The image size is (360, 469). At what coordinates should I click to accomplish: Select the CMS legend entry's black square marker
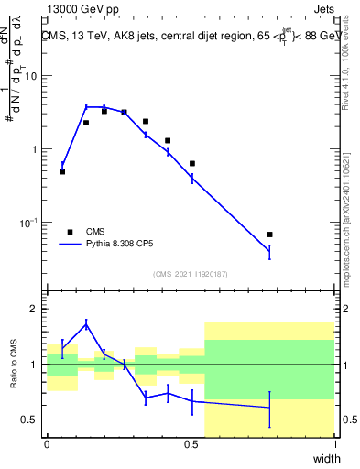pos(70,232)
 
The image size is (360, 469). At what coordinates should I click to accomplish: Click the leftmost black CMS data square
pos(62,171)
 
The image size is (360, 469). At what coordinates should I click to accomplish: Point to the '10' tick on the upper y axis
pos(34,76)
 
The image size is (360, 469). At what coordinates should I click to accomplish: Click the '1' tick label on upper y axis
pos(37,149)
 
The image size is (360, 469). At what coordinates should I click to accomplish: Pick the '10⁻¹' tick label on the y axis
pos(32,223)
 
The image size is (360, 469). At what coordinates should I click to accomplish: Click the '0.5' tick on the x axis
pos(191,445)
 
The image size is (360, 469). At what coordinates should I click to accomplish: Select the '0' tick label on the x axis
pos(48,445)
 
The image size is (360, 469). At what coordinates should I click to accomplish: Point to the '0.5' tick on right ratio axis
pos(349,420)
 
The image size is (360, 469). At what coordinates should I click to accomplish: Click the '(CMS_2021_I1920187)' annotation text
pos(191,274)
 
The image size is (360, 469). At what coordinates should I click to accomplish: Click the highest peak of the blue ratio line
pos(86,323)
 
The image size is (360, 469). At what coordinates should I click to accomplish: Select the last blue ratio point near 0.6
pos(269,408)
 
